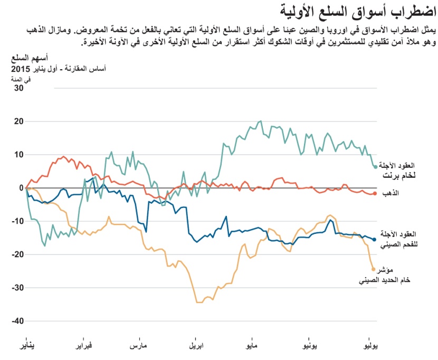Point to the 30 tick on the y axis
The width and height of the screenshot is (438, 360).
18,88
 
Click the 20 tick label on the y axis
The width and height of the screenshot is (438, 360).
18,121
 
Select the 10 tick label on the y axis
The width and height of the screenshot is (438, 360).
18,155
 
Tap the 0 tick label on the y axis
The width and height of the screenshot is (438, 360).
21,188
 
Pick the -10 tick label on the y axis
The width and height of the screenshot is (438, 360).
17,221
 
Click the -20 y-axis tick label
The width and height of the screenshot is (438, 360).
17,254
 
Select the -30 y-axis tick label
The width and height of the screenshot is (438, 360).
17,288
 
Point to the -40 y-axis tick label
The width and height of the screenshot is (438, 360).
17,321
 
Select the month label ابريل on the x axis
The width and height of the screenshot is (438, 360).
197,346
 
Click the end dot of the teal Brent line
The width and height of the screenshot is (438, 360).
375,167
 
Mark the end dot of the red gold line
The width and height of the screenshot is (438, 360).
375,194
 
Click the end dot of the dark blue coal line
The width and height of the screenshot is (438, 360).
375,239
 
